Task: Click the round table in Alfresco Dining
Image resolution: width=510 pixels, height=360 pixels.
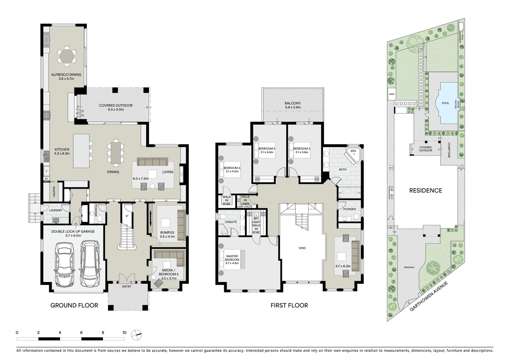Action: point(66,56)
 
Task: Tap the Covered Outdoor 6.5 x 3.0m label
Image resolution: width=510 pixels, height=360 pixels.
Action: point(116,107)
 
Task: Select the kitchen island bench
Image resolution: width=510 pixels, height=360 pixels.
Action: point(81,151)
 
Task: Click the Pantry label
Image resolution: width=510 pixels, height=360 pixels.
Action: point(53,192)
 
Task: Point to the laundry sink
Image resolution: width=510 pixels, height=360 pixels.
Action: point(56,220)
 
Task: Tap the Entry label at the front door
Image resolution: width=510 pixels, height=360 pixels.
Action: point(127,287)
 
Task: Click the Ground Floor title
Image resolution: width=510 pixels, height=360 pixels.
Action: point(74,305)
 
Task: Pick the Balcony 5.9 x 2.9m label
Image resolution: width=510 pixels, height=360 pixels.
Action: point(293,105)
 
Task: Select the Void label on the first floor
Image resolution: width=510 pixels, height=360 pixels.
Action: point(302,248)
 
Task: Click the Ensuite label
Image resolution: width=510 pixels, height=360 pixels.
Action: point(231,222)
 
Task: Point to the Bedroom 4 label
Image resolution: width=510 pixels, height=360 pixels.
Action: point(232,170)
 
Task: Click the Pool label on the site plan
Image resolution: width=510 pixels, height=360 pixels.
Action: point(445,103)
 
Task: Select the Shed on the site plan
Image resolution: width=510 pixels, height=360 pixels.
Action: point(392,94)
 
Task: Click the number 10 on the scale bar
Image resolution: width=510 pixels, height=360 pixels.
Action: point(124,333)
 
